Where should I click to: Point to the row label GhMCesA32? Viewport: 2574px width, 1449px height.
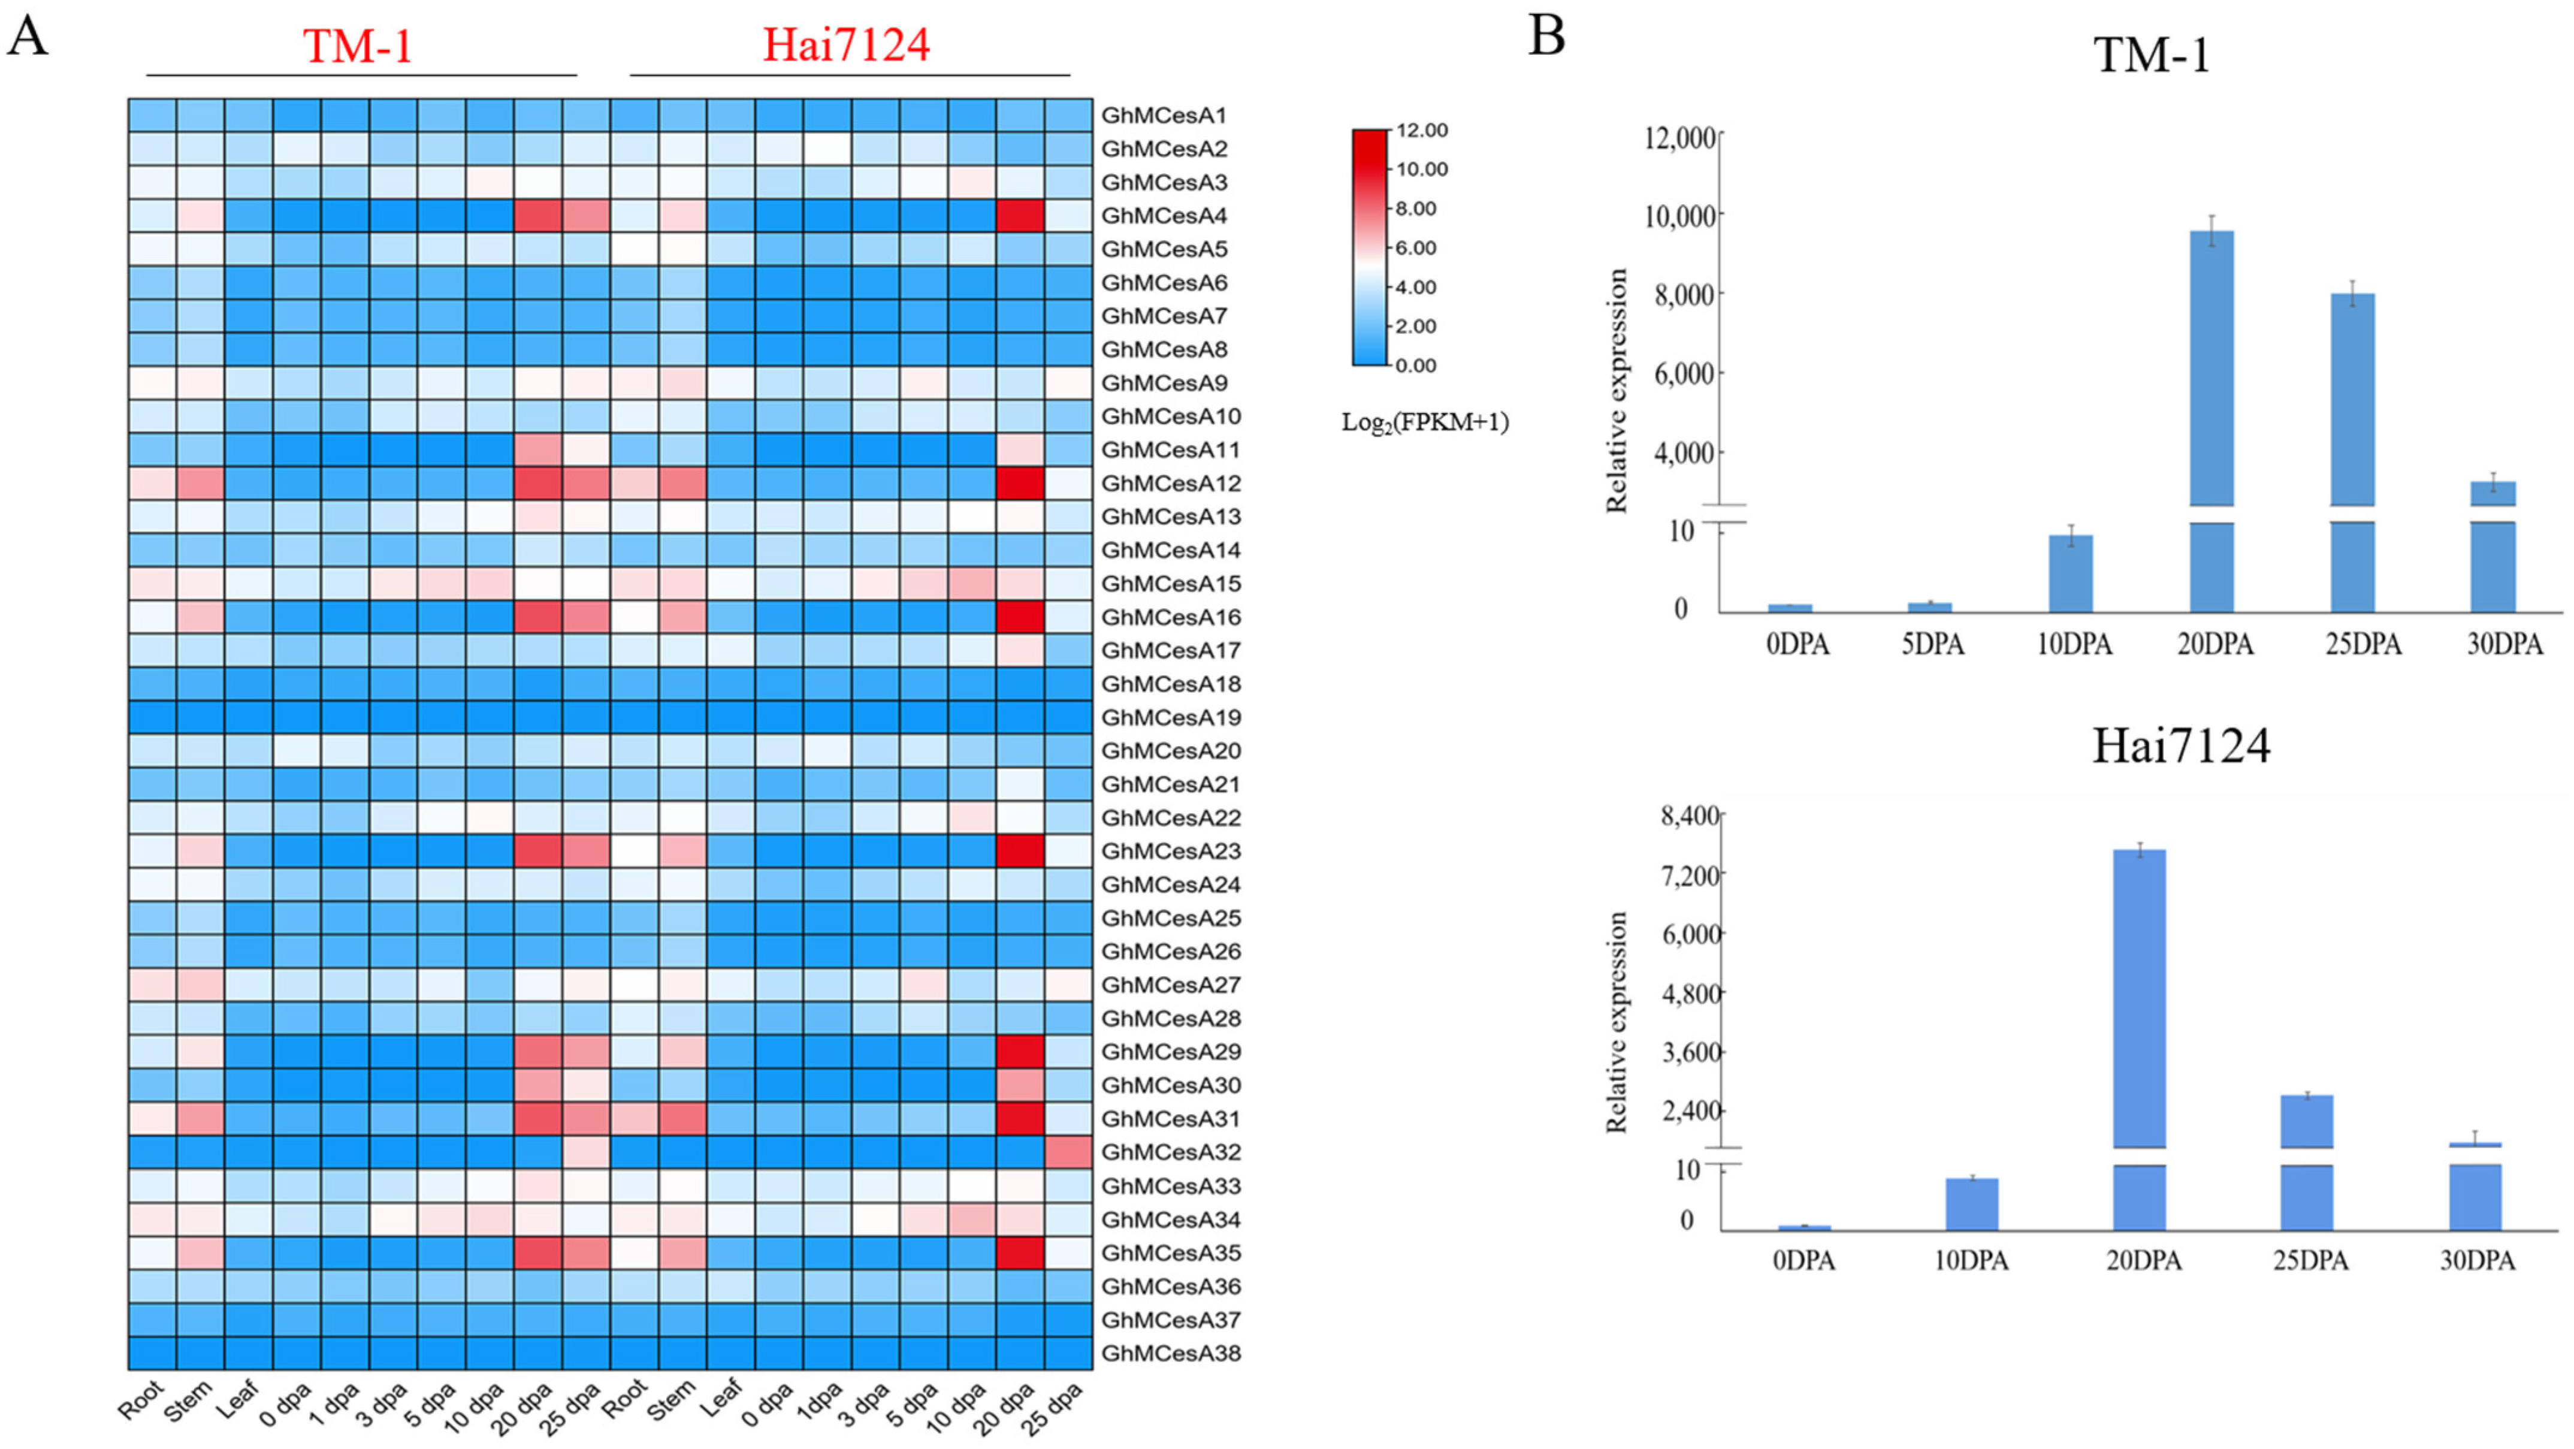click(x=1170, y=1152)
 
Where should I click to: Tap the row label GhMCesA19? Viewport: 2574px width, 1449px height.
click(x=1170, y=717)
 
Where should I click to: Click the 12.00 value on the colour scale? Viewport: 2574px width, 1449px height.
click(x=1422, y=131)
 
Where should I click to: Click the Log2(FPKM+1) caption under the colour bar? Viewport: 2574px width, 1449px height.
click(x=1424, y=422)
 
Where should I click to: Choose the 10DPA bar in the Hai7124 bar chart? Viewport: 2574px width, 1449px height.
click(x=1971, y=1204)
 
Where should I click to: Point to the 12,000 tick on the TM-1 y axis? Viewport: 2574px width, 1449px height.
click(x=1679, y=137)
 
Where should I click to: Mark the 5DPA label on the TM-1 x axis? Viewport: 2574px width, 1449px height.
click(x=1932, y=645)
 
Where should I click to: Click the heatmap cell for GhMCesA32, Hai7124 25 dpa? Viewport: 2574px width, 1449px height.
click(x=1068, y=1152)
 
